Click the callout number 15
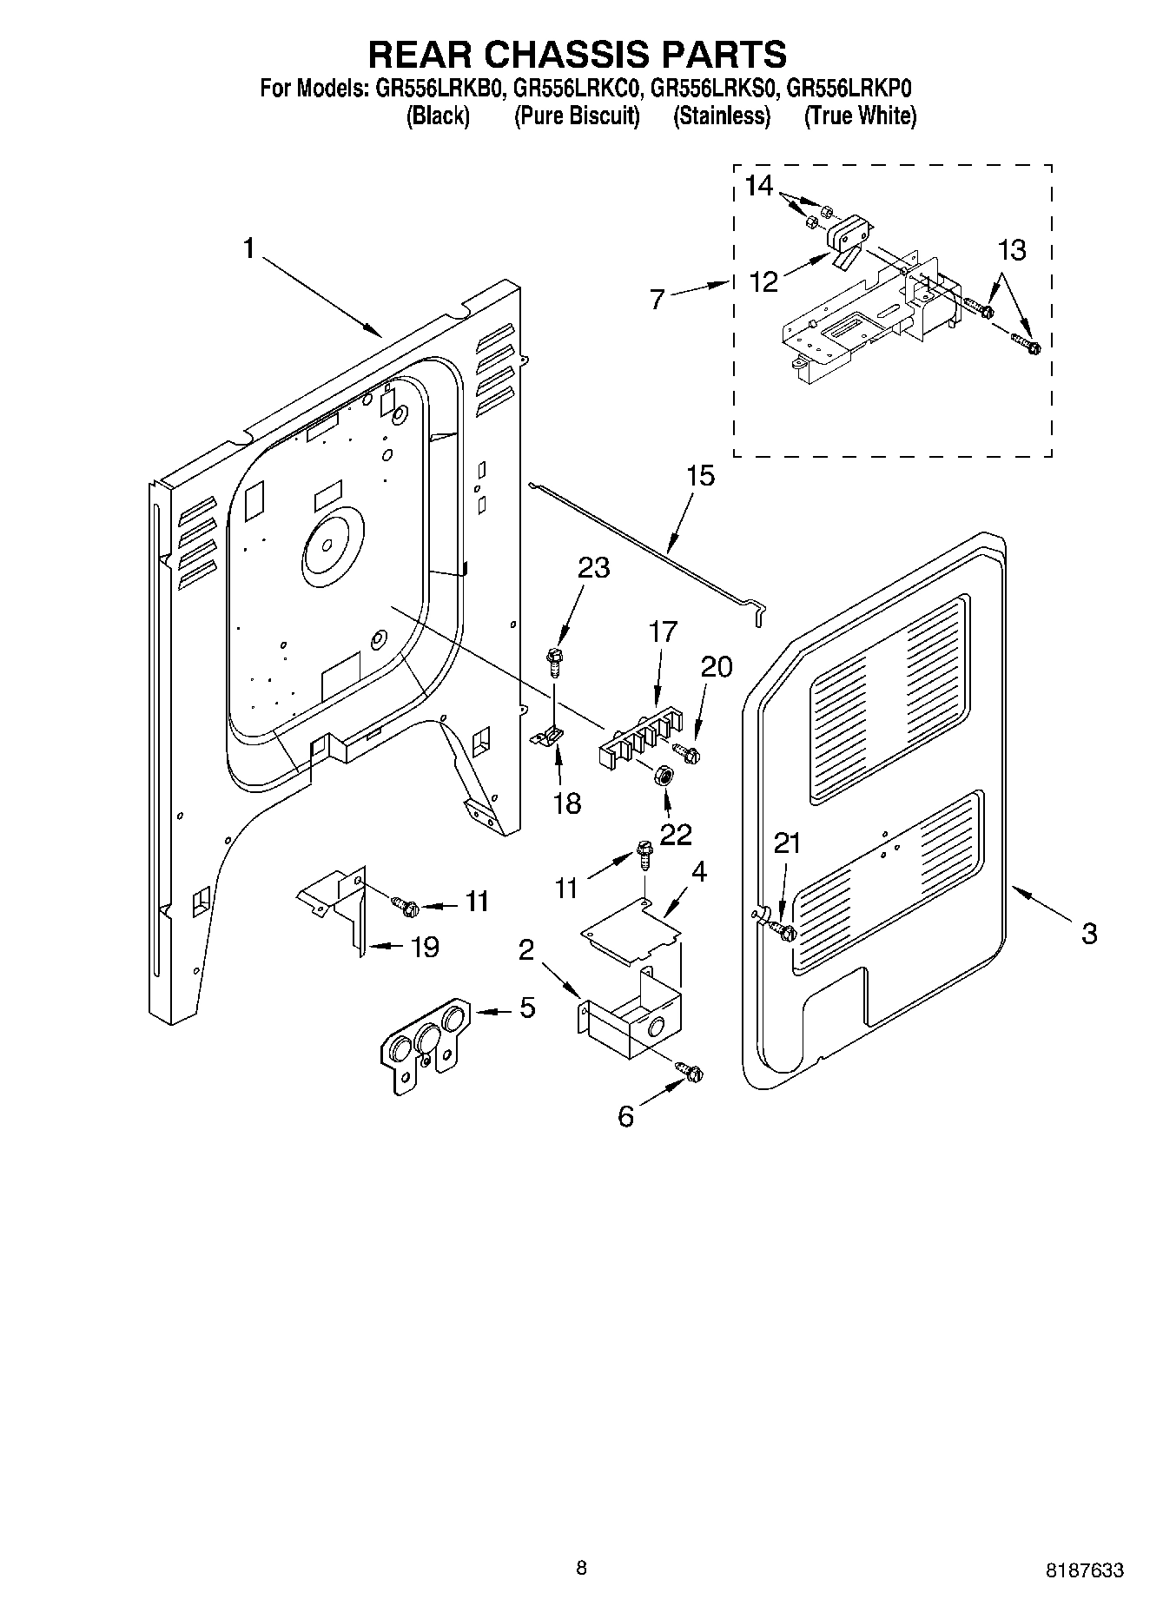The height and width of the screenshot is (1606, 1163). tap(700, 476)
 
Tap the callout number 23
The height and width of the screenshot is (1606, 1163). tap(593, 568)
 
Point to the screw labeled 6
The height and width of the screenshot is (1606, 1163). tap(692, 1074)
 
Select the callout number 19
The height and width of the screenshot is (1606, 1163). tap(424, 947)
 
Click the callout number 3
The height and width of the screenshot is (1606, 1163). tap(1089, 934)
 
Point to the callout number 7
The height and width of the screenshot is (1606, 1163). tap(657, 300)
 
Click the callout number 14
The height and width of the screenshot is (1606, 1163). tap(758, 186)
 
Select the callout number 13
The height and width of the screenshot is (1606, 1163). tap(1012, 250)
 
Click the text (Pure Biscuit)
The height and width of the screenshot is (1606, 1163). tap(577, 116)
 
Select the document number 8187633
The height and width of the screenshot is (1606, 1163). tap(1083, 1570)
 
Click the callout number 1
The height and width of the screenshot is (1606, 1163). tap(249, 249)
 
